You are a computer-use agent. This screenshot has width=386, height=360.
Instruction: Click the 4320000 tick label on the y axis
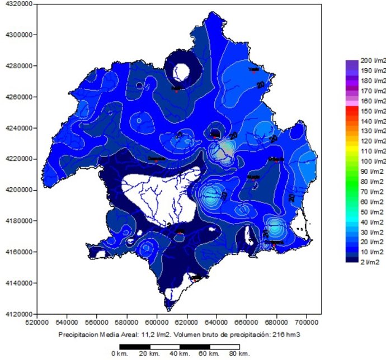click(17, 4)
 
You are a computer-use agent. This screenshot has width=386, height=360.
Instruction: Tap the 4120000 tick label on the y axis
click(17, 314)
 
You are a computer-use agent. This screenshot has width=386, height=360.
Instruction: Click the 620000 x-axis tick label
click(187, 323)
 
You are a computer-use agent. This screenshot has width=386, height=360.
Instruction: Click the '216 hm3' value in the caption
click(289, 335)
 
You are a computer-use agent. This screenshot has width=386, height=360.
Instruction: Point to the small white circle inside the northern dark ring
click(181, 71)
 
